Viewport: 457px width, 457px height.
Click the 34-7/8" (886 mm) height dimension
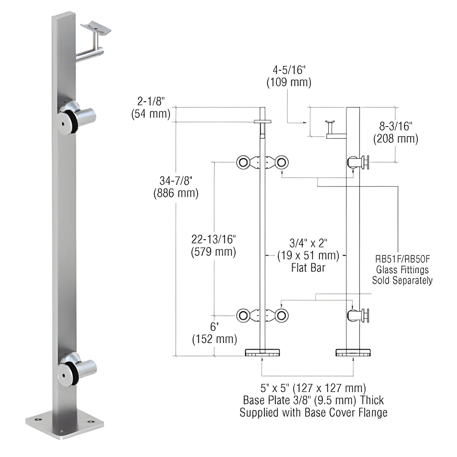click(x=176, y=187)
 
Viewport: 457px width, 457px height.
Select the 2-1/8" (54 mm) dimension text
click(x=151, y=108)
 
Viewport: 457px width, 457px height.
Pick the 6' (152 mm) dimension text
click(x=214, y=333)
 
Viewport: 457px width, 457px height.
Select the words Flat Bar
click(x=308, y=268)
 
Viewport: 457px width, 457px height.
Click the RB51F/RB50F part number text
click(x=402, y=259)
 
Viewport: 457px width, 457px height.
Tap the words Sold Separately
click(x=402, y=280)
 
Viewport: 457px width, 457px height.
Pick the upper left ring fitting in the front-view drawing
click(x=244, y=163)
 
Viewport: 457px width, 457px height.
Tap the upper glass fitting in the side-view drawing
click(x=359, y=163)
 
